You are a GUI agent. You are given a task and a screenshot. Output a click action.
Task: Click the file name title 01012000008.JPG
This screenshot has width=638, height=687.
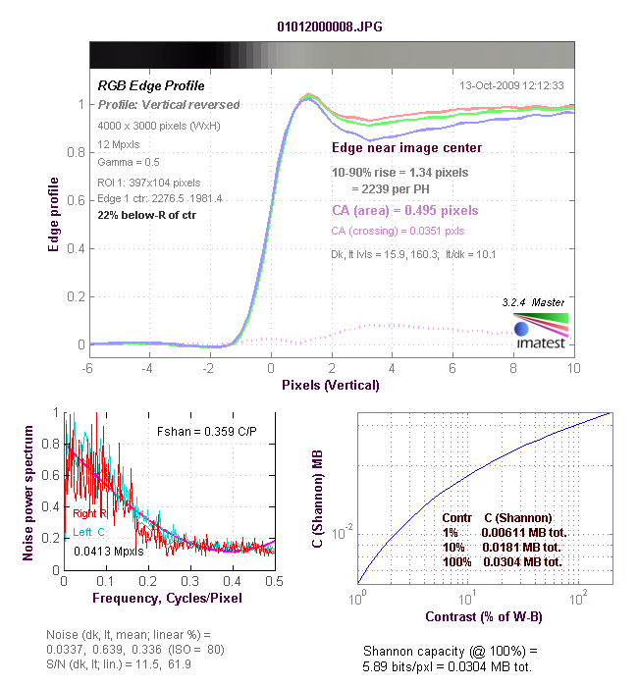tap(330, 26)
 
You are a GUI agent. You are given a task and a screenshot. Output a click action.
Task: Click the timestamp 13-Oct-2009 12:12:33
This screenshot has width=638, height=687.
tap(511, 85)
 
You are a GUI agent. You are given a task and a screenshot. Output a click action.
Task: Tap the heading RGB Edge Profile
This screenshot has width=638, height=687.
tap(151, 86)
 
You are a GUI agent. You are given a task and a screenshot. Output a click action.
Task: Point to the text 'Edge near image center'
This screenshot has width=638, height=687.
tap(406, 147)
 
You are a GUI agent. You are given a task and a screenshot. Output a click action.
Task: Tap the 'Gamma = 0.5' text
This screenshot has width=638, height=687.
tap(129, 162)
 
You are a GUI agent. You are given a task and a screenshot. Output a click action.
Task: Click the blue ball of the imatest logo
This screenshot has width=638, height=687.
tap(521, 329)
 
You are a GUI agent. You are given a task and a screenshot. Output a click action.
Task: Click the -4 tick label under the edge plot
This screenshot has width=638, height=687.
tap(147, 368)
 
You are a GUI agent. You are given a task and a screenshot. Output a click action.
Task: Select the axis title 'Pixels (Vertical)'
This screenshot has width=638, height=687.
tap(331, 385)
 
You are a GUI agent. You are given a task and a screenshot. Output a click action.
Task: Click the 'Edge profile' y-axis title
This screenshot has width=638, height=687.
tap(53, 215)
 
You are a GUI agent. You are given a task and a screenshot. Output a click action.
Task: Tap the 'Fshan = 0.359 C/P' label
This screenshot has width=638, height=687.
tap(207, 432)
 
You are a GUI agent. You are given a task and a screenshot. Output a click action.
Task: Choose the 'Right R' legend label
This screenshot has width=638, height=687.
tap(89, 513)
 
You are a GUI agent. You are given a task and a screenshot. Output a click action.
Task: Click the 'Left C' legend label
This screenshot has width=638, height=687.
tap(88, 532)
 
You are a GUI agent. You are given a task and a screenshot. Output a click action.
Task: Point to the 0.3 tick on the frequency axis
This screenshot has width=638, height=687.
tap(189, 581)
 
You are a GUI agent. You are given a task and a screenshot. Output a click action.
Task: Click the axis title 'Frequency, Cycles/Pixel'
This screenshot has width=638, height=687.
tap(168, 598)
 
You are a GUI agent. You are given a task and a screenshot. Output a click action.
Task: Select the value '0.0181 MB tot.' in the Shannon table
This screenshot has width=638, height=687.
tap(521, 548)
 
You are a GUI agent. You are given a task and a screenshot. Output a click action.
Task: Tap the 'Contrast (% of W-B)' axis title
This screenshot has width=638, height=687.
tap(484, 617)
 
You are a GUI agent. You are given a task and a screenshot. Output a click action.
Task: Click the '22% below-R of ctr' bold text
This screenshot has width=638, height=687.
tap(147, 215)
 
